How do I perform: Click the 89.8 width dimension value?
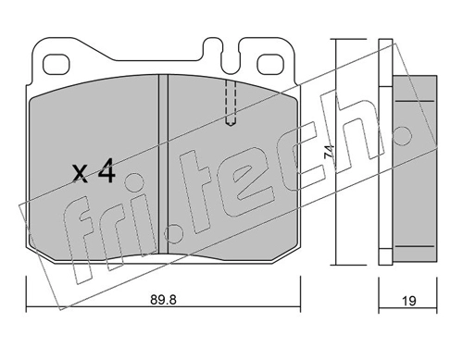163,300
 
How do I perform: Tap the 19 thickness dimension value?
409,301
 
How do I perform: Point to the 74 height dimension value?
329,152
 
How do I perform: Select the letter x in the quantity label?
81,174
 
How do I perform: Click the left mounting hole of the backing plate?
56,65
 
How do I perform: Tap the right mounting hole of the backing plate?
270,65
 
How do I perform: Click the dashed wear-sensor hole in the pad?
231,103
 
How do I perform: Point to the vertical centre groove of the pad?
163,165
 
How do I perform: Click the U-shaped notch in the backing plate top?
231,57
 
